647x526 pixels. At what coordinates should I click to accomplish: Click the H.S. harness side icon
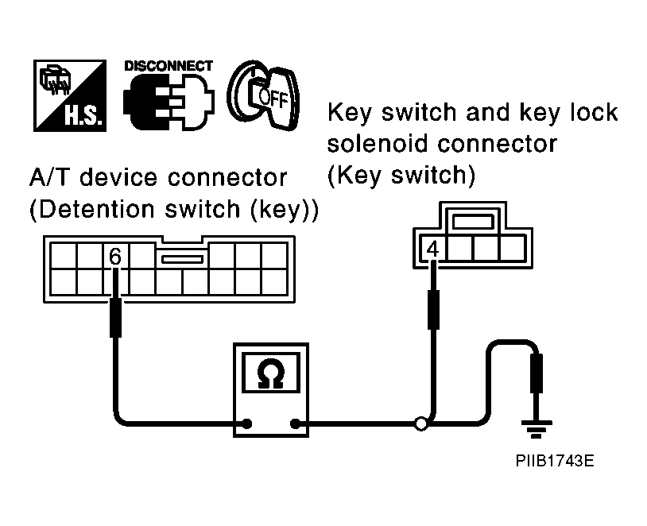[x=70, y=95]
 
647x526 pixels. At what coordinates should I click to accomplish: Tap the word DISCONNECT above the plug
[x=169, y=66]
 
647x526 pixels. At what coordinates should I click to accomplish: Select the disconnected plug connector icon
[x=169, y=102]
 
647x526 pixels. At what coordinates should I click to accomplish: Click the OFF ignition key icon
[x=263, y=95]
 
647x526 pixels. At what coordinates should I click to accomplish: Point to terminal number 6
[x=115, y=256]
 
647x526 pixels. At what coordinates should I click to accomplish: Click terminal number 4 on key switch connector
[x=432, y=249]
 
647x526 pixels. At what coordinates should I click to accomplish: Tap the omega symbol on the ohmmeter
[x=271, y=373]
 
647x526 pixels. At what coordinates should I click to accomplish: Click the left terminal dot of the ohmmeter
[x=246, y=424]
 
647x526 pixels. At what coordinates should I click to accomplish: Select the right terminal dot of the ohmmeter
[x=295, y=424]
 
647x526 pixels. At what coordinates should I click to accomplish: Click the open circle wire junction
[x=421, y=424]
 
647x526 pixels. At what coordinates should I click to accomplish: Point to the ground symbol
[x=537, y=429]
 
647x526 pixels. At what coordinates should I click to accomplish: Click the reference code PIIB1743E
[x=555, y=460]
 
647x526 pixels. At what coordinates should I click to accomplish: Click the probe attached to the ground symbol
[x=536, y=373]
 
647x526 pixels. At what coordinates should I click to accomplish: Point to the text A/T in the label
[x=52, y=178]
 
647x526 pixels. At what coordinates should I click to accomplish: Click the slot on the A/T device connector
[x=182, y=259]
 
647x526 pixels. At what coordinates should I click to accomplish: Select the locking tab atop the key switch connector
[x=472, y=222]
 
